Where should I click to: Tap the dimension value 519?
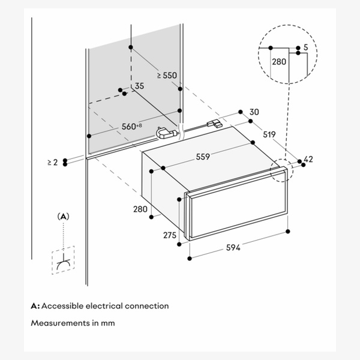coord(269,135)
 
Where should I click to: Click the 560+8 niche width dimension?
coord(131,126)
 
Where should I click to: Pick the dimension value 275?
coord(170,235)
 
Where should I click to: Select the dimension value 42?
coord(309,160)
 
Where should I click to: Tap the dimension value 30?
coord(254,112)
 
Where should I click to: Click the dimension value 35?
coord(139,86)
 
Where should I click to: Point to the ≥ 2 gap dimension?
coord(51,162)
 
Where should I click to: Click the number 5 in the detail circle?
coord(306,47)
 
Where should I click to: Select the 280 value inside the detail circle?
coord(279,61)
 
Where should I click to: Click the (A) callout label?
coord(63,215)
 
